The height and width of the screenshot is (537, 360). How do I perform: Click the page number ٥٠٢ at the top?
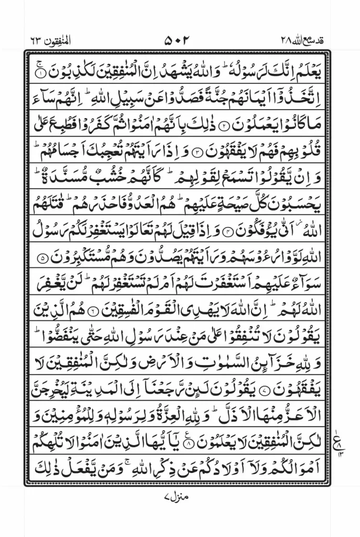tap(180, 40)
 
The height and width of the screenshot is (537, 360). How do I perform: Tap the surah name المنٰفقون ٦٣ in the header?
tap(50, 40)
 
